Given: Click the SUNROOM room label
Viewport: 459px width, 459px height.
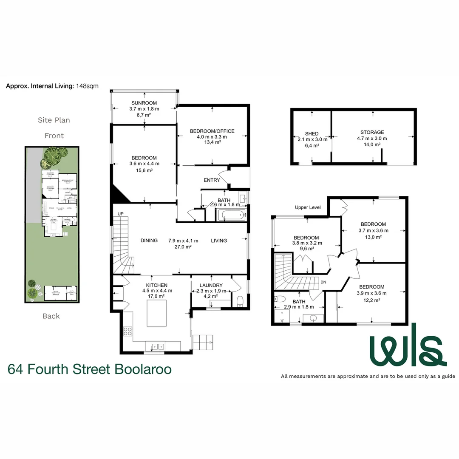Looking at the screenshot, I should point(144,103).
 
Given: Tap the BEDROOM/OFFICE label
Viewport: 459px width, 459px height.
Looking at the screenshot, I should point(212,131).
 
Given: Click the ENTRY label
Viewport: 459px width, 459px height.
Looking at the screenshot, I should point(212,180).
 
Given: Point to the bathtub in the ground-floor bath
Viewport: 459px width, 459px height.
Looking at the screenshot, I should point(232,215).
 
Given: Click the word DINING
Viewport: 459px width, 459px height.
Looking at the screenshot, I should point(149,241).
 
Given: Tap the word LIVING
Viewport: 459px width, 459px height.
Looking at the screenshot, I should point(219,241).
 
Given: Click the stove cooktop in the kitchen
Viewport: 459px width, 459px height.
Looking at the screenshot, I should point(127,331).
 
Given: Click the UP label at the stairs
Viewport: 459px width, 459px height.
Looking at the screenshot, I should point(120,213).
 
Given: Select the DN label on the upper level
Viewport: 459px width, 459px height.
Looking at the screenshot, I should point(323,282).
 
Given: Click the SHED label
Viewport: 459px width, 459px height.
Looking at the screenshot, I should point(312,133).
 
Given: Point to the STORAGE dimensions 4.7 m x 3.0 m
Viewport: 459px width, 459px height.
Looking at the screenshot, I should point(372,138).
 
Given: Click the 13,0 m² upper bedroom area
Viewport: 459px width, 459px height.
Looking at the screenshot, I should point(373,238).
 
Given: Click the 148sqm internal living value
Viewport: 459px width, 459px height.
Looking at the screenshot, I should point(87,86).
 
